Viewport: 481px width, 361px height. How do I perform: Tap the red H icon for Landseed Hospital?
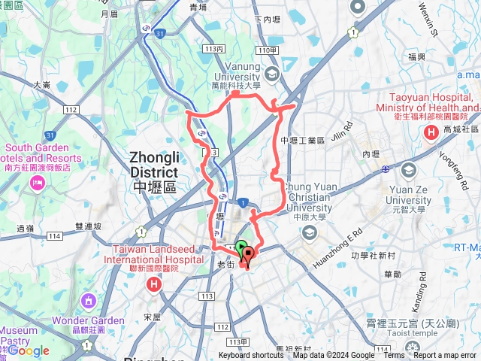pyautogui.click(x=154, y=285)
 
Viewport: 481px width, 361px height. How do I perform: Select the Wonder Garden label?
pyautogui.click(x=98, y=320)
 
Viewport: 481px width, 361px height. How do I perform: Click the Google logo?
pyautogui.click(x=29, y=350)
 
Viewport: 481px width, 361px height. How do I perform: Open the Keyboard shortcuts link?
pyautogui.click(x=251, y=356)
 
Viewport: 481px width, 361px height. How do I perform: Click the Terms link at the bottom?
pyautogui.click(x=394, y=356)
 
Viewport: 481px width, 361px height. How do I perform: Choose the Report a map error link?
pyautogui.click(x=446, y=356)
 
